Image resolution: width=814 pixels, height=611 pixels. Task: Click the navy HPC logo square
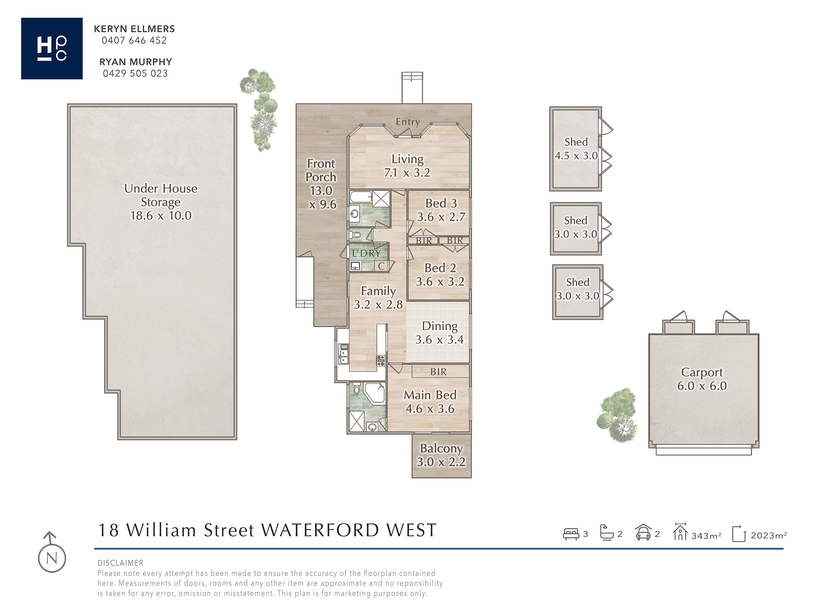(x=52, y=48)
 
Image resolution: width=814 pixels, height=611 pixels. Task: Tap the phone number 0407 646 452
(x=134, y=40)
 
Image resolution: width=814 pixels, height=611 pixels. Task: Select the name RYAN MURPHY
(x=136, y=62)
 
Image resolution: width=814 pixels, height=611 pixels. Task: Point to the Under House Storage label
(x=161, y=202)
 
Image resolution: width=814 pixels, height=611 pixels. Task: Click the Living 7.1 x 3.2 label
(x=407, y=166)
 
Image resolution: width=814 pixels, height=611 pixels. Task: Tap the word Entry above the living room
(x=408, y=122)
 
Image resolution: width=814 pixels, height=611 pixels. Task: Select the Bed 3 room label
(x=441, y=210)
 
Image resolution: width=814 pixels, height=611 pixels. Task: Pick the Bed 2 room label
(x=440, y=275)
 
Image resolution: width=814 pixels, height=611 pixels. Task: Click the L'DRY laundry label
(x=366, y=254)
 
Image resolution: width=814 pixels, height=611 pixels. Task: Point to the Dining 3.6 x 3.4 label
(x=440, y=333)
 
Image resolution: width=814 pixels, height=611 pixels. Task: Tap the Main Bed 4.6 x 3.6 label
(x=430, y=402)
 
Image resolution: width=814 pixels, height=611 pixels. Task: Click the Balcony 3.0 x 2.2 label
(x=441, y=455)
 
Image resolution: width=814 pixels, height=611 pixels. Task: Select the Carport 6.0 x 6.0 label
(x=702, y=379)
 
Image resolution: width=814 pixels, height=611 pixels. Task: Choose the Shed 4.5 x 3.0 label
(x=576, y=149)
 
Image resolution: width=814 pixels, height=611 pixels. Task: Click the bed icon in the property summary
(x=571, y=534)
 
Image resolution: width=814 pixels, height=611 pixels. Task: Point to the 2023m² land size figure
(x=769, y=535)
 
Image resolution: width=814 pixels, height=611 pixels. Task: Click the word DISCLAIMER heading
(x=120, y=563)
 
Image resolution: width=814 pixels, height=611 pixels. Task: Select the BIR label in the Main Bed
(x=438, y=372)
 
